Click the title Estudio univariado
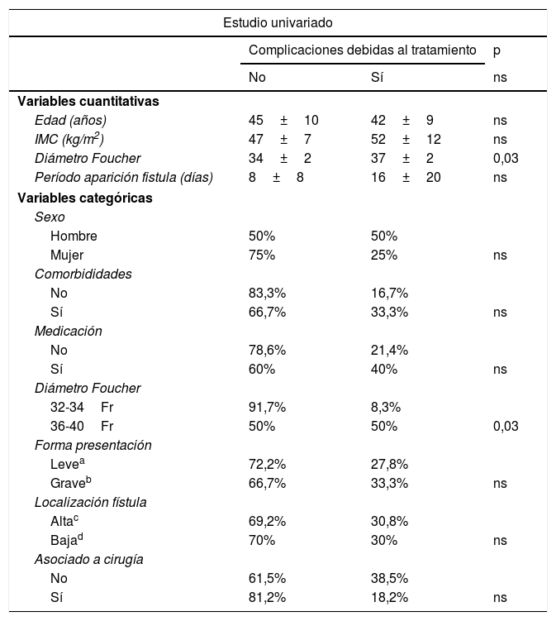(278, 21)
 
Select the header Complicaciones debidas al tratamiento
(363, 50)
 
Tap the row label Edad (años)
(70, 120)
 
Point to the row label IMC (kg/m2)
(69, 139)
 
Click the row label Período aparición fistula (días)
(124, 177)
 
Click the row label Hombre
(74, 236)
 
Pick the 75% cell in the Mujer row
(262, 255)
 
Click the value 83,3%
(267, 293)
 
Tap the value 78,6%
(267, 350)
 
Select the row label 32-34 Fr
(82, 407)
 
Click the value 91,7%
(267, 407)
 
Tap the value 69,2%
(267, 521)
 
